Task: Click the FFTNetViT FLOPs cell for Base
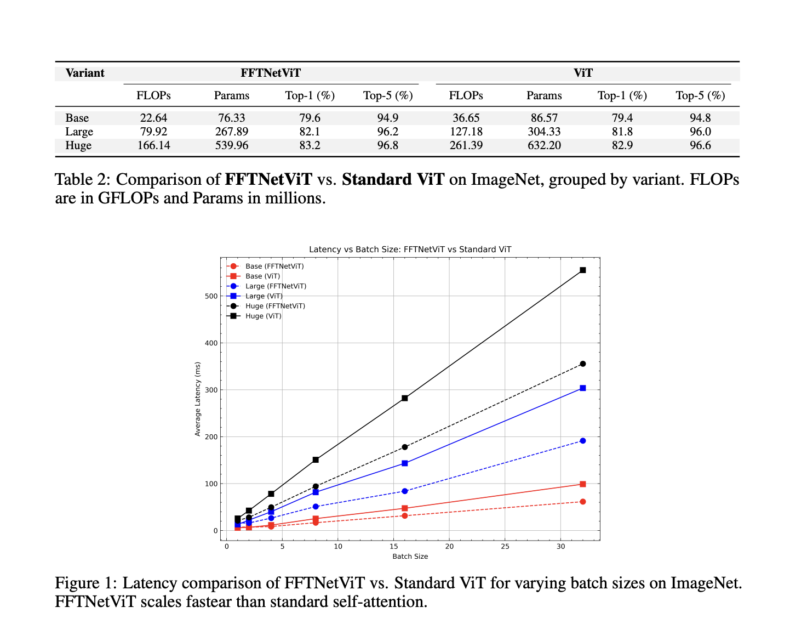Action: tap(153, 118)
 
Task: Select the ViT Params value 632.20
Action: tap(544, 145)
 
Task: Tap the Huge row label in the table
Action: tap(78, 145)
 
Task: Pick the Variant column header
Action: tap(85, 73)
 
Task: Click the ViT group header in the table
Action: tap(583, 73)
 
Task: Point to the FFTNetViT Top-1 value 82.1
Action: tap(310, 132)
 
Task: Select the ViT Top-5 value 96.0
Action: tap(700, 132)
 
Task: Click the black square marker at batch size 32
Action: tap(582, 270)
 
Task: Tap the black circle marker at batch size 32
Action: tap(582, 364)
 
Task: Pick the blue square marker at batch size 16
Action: tap(404, 463)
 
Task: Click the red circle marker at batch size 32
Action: tap(582, 502)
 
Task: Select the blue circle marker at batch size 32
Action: tap(582, 441)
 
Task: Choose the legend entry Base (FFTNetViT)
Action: tap(274, 266)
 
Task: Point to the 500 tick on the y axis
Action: tap(211, 296)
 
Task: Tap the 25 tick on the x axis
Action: tap(505, 547)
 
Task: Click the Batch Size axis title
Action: tap(410, 557)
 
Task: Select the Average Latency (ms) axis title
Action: tap(198, 399)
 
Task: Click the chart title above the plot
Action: tap(410, 249)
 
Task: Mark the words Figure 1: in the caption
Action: tap(85, 583)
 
